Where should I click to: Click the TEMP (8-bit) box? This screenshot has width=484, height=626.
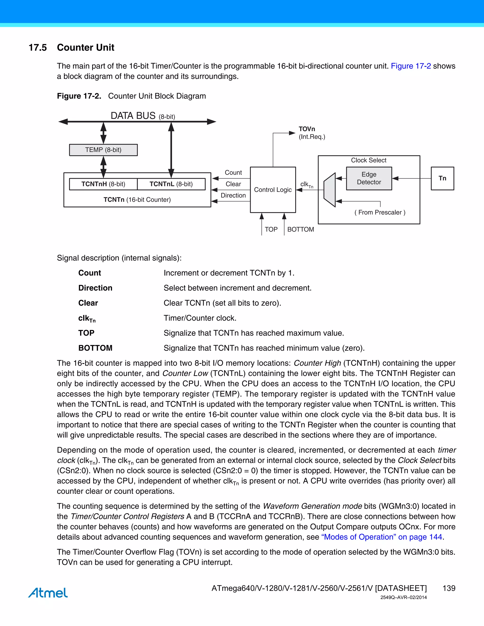click(x=103, y=150)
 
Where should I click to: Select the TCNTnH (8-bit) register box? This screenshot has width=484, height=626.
click(x=103, y=184)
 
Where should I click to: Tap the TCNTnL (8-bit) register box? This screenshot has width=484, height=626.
click(x=171, y=184)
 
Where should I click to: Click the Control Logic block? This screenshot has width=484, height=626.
click(x=273, y=190)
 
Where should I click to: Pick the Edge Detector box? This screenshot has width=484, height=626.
click(x=369, y=178)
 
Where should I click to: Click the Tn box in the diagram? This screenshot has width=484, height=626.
click(x=442, y=178)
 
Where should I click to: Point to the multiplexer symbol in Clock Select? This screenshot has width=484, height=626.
click(x=330, y=190)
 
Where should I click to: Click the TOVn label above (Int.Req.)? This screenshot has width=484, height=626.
click(x=307, y=129)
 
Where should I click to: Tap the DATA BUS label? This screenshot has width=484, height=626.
click(x=133, y=116)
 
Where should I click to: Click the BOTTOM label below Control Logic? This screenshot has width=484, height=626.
click(x=301, y=229)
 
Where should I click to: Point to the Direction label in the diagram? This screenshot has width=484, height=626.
click(x=233, y=196)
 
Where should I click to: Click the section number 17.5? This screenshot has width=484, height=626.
click(x=38, y=47)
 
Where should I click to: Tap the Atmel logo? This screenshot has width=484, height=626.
click(x=48, y=592)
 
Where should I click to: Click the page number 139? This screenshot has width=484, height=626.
click(x=449, y=588)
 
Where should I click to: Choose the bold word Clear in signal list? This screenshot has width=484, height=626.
click(x=88, y=303)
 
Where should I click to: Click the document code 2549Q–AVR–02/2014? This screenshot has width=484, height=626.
click(x=403, y=597)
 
